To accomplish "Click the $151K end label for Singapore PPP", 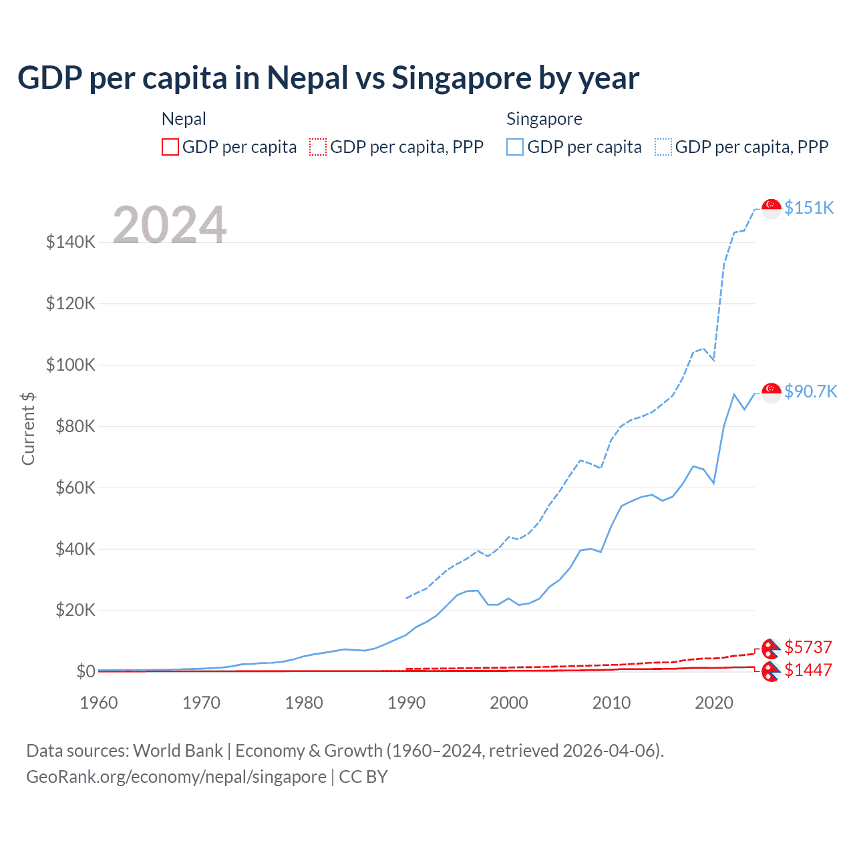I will tap(809, 208).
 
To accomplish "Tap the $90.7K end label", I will tap(810, 391).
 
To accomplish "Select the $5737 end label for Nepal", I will tap(808, 647).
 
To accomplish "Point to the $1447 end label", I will tap(808, 670).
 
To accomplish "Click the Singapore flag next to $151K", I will tap(772, 208).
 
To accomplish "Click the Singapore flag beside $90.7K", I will tap(772, 392).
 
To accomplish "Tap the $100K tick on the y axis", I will tap(70, 365).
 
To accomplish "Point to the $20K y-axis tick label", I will tap(70, 610).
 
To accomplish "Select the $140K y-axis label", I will tap(70, 242).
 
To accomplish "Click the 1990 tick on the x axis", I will tap(406, 703).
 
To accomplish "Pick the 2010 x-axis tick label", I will tap(611, 703).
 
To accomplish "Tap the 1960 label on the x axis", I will tap(99, 703).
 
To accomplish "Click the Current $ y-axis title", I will tap(28, 429).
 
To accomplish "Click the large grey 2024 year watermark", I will tap(170, 225).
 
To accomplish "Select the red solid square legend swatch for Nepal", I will tap(170, 147).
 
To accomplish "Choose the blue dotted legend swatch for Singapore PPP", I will tap(663, 147).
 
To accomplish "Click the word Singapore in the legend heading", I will tap(544, 119).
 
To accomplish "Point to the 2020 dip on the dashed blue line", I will tap(714, 360).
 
